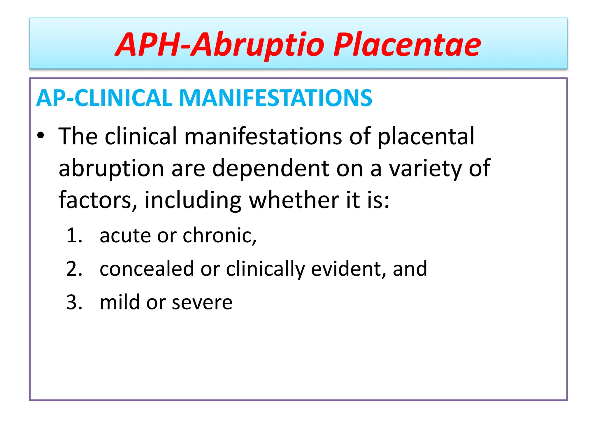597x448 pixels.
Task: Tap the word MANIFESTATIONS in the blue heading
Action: (275, 98)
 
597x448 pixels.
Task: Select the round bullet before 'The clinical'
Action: (41, 136)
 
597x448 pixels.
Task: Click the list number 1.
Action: (74, 236)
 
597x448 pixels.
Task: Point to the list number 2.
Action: (74, 269)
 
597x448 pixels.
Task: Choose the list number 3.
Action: (74, 302)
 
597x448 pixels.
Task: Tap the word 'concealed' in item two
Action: (147, 269)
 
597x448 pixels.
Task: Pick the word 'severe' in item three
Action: (202, 302)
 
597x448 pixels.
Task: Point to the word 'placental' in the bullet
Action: (426, 136)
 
